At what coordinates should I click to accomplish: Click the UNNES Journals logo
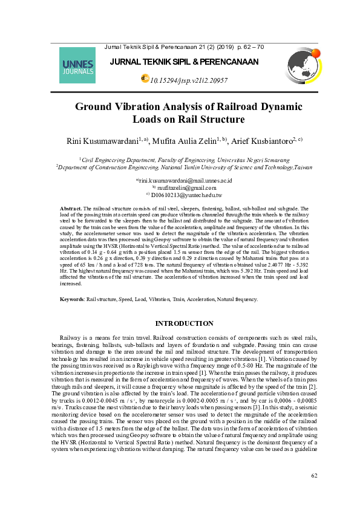(x=77, y=65)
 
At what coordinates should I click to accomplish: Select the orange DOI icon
(x=144, y=79)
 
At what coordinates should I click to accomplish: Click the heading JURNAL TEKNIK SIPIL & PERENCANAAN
(x=184, y=62)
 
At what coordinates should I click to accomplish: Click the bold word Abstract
(x=71, y=208)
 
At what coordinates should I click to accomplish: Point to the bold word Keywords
(x=72, y=299)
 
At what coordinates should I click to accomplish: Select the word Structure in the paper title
(x=205, y=120)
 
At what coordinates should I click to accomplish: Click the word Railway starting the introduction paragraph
(x=71, y=337)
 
